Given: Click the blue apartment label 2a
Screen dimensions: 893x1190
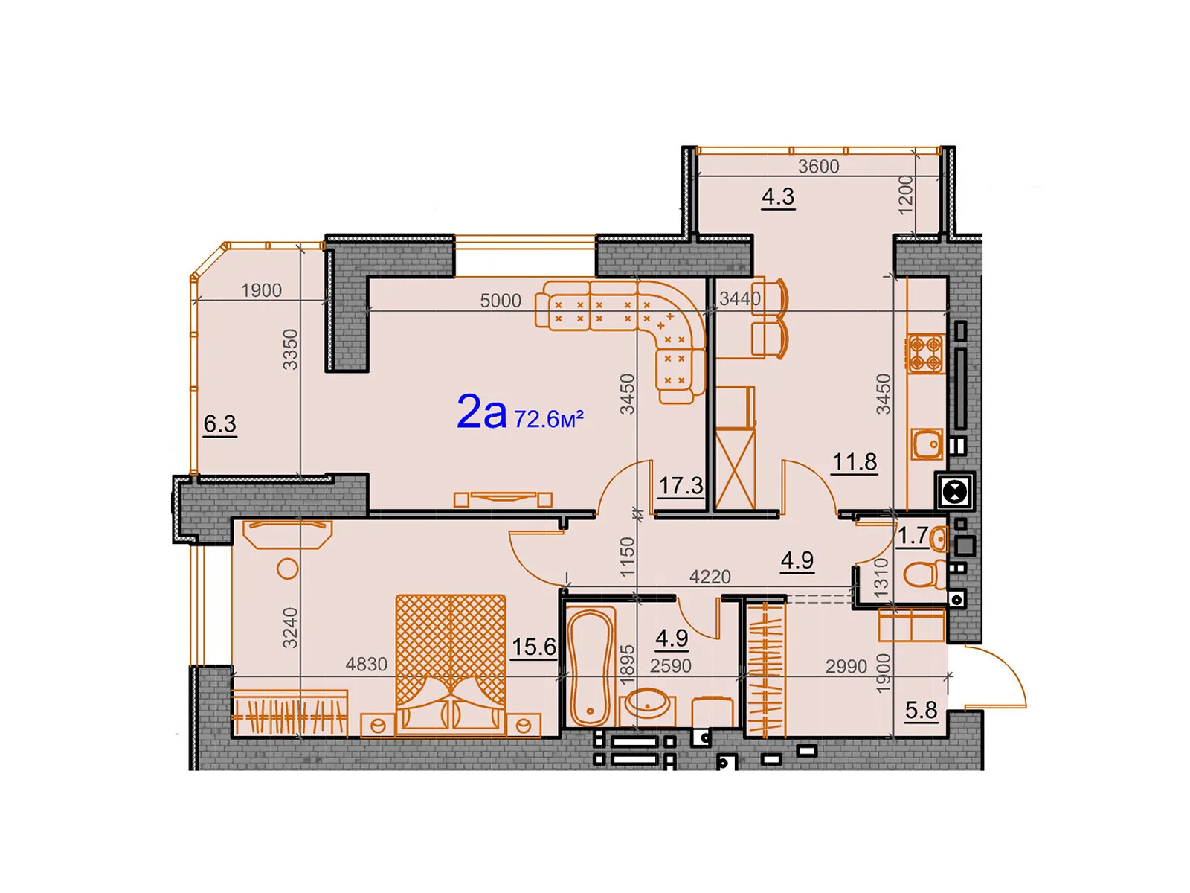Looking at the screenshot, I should (480, 412).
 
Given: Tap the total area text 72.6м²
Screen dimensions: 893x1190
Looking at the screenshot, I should (548, 419).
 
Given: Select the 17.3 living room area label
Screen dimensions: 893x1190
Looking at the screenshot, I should (680, 486).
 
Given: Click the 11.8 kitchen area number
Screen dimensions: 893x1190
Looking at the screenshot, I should (854, 462).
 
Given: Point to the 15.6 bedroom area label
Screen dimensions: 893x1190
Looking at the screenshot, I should (533, 647).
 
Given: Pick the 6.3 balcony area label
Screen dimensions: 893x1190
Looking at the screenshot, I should (219, 423).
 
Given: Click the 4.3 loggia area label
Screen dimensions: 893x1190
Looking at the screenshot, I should (778, 196).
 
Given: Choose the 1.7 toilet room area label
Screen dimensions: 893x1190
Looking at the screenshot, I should (912, 535).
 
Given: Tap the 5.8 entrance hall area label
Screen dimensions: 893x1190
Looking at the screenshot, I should (921, 710).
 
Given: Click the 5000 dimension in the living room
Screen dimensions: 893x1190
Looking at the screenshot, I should (500, 301).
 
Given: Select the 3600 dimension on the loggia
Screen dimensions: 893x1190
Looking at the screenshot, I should (818, 167).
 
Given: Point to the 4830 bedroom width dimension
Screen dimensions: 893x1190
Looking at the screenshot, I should (366, 665).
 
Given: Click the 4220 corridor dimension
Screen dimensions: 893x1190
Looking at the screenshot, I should (710, 577).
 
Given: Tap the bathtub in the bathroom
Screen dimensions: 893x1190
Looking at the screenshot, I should (590, 666).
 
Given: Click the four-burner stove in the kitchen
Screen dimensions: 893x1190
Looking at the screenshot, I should (924, 353).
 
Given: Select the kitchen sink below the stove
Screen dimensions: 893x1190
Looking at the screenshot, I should (927, 444).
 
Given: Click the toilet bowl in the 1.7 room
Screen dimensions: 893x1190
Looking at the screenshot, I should (922, 574).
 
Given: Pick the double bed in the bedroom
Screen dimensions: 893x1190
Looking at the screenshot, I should (451, 662).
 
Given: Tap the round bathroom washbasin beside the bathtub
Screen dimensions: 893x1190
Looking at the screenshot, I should (647, 702).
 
